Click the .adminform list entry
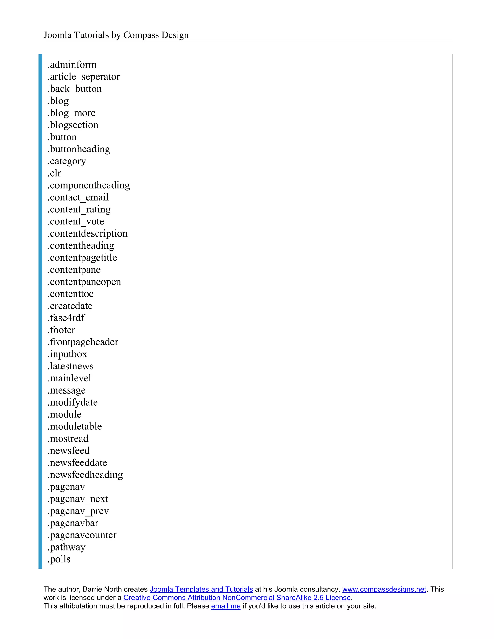click(x=72, y=65)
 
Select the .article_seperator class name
click(x=84, y=77)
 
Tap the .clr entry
click(x=55, y=173)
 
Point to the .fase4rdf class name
click(x=66, y=318)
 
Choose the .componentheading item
click(x=89, y=185)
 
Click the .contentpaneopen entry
click(x=84, y=282)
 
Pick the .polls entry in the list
click(x=59, y=559)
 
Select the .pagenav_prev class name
click(x=78, y=511)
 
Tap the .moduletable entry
click(x=75, y=427)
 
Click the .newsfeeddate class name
click(x=77, y=462)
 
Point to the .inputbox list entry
click(x=67, y=354)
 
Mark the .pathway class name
click(x=66, y=547)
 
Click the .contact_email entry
click(x=78, y=197)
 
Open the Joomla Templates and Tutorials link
click(x=201, y=589)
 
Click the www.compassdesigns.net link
click(x=384, y=589)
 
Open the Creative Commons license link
click(x=237, y=598)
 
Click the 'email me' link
click(x=226, y=606)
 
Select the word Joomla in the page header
click(x=57, y=35)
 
